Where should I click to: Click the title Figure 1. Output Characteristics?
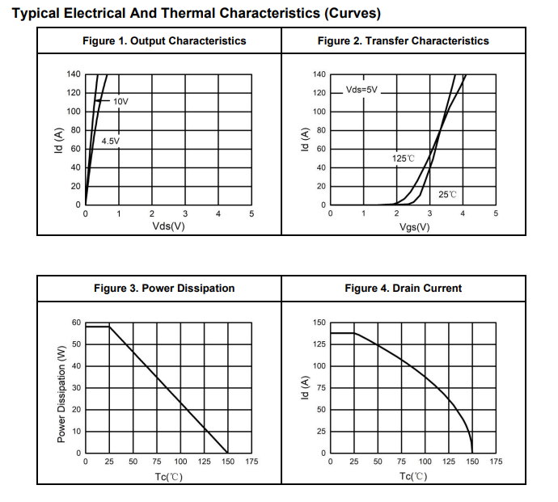[164, 40]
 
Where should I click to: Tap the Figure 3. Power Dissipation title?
[164, 288]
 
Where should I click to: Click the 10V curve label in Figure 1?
[120, 102]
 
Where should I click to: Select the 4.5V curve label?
[110, 141]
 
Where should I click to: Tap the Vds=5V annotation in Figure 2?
[361, 90]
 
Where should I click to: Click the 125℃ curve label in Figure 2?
[403, 158]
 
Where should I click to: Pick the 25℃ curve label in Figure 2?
[447, 194]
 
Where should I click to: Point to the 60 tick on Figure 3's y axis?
[77, 323]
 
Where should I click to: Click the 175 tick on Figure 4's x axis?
[497, 462]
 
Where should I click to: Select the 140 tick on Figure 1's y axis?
[74, 74]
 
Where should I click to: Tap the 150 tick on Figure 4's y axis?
[319, 323]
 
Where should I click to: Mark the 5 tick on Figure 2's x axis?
[496, 214]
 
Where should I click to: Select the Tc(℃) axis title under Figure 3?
[168, 475]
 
